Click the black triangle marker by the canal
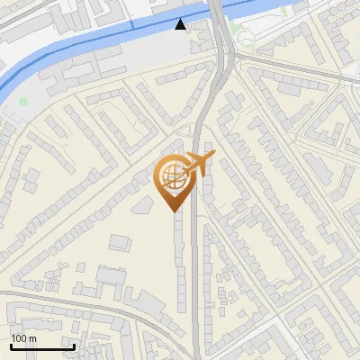(181, 24)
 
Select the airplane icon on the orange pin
(198, 164)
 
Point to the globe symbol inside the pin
(171, 175)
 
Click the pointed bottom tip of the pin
(174, 211)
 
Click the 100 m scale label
(23, 338)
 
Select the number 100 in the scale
(19, 338)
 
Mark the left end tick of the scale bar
(10, 346)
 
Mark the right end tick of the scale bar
(74, 346)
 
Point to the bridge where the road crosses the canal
(218, 12)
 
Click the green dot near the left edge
(24, 101)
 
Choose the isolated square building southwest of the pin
(119, 241)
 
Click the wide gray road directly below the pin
(196, 270)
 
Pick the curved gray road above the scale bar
(90, 302)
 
